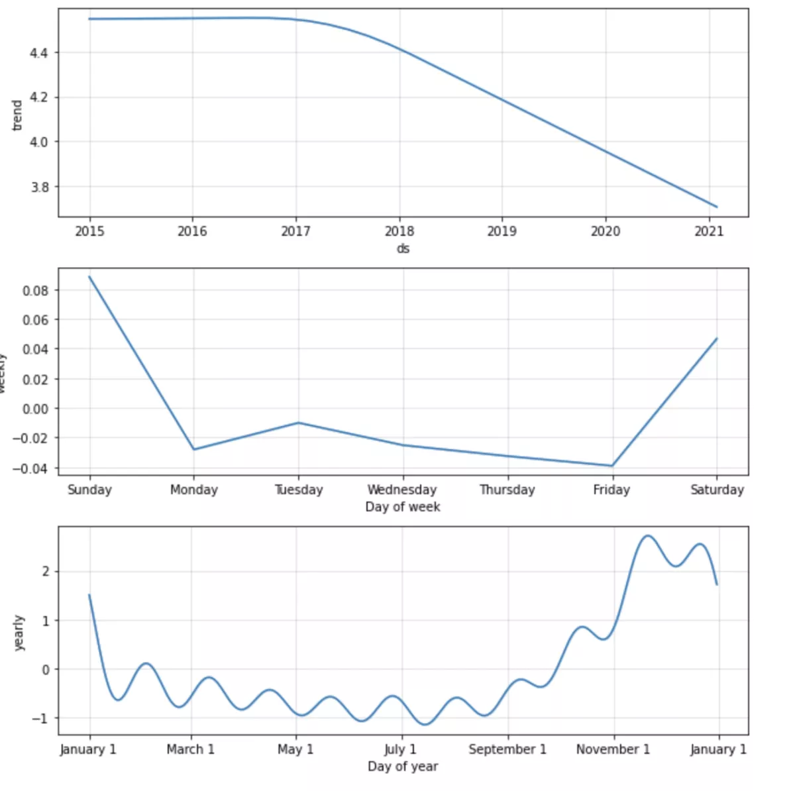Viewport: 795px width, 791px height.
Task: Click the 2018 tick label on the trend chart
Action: [x=399, y=231]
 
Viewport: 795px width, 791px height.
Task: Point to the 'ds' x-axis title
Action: [x=403, y=248]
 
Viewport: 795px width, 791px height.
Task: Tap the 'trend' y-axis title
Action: [x=17, y=115]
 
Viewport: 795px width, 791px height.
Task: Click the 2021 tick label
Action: [x=709, y=231]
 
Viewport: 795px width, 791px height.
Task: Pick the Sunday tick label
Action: [x=89, y=490]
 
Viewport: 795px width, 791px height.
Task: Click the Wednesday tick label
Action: [x=402, y=490]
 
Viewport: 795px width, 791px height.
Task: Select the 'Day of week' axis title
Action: [x=403, y=507]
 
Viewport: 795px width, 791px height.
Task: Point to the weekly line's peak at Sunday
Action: [x=89, y=276]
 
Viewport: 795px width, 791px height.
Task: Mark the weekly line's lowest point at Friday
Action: [x=612, y=466]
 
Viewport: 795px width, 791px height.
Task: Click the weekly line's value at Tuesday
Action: [x=299, y=423]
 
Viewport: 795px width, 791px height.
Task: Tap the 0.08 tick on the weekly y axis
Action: [x=36, y=290]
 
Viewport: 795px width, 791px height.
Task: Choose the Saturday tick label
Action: [x=717, y=490]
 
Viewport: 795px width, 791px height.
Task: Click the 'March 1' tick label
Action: [x=191, y=749]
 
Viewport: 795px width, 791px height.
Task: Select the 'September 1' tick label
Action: [x=507, y=749]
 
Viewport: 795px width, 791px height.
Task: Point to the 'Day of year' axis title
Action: [x=403, y=766]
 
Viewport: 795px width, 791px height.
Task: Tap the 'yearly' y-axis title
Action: [x=19, y=633]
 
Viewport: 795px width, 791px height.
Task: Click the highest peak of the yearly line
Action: [x=648, y=535]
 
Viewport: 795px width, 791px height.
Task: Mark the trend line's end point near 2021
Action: [x=717, y=207]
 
